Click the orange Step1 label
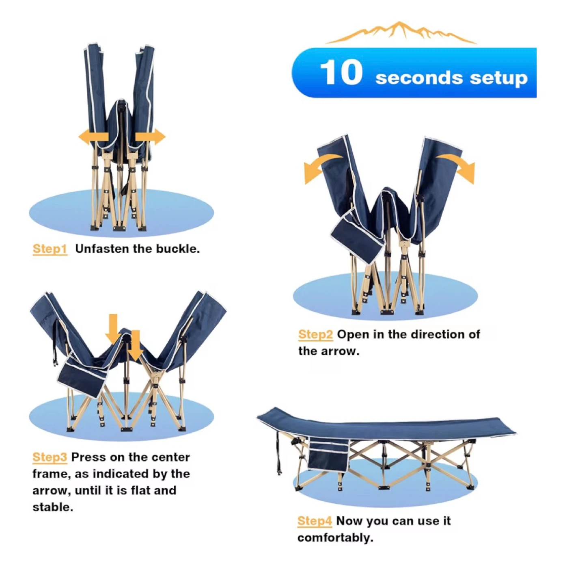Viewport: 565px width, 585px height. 50,249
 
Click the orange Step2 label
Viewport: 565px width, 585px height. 315,334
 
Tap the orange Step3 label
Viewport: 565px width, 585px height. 50,457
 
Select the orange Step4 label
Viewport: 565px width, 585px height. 315,521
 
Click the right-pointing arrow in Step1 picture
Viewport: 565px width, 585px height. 150,137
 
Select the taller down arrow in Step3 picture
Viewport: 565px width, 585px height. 113,329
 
